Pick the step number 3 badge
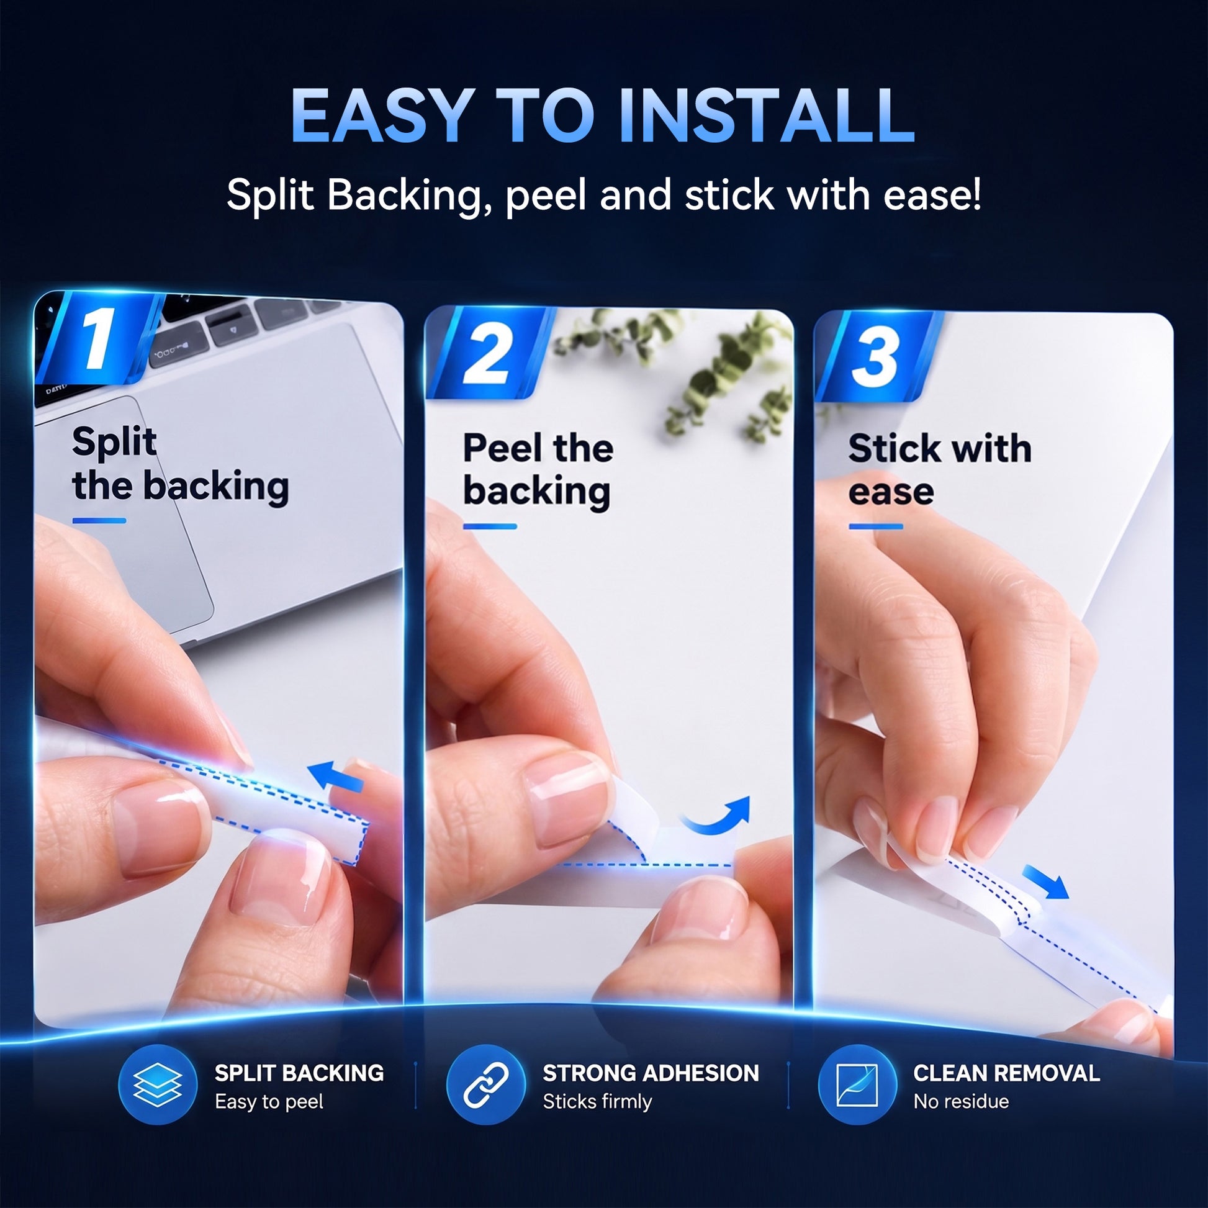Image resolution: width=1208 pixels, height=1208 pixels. pyautogui.click(x=877, y=356)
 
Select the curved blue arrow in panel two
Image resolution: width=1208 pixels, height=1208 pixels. pyautogui.click(x=716, y=816)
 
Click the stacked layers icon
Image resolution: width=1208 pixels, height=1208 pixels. pyautogui.click(x=158, y=1084)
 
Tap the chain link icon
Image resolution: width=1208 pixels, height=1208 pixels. pyautogui.click(x=486, y=1084)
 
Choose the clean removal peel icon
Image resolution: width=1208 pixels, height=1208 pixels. pyautogui.click(x=857, y=1084)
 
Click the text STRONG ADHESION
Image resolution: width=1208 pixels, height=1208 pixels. pyautogui.click(x=651, y=1073)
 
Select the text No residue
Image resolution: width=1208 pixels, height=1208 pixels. pyautogui.click(x=961, y=1101)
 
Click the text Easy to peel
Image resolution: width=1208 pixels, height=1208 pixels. pyautogui.click(x=269, y=1102)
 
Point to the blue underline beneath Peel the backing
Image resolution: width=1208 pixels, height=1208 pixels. pyautogui.click(x=490, y=526)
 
